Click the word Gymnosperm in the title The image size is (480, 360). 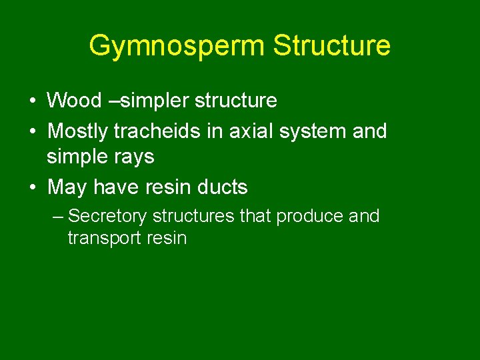tap(177, 46)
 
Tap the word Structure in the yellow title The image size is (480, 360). tap(332, 46)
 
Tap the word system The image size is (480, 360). tap(310, 131)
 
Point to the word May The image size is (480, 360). tap(67, 187)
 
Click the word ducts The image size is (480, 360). tap(219, 187)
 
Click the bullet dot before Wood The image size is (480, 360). tap(31, 101)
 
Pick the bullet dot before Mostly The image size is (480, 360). tap(31, 131)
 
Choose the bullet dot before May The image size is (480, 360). tap(31, 188)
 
